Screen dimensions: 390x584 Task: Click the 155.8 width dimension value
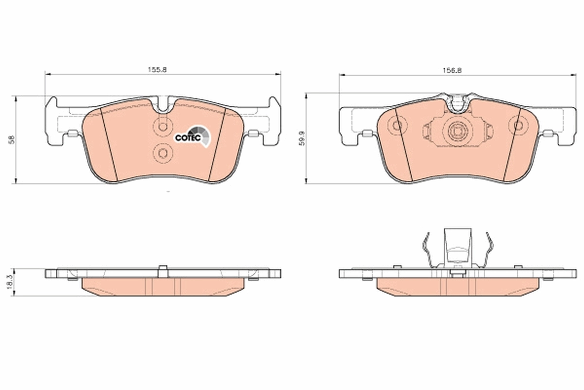tap(158, 70)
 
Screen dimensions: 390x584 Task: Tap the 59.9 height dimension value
tap(300, 138)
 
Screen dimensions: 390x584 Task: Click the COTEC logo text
tap(187, 137)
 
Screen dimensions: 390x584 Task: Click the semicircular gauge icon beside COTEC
tap(201, 135)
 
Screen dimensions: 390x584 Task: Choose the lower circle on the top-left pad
tap(162, 154)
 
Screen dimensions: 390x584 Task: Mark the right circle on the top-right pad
tap(515, 126)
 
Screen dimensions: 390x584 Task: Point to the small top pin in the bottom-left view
tap(163, 269)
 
